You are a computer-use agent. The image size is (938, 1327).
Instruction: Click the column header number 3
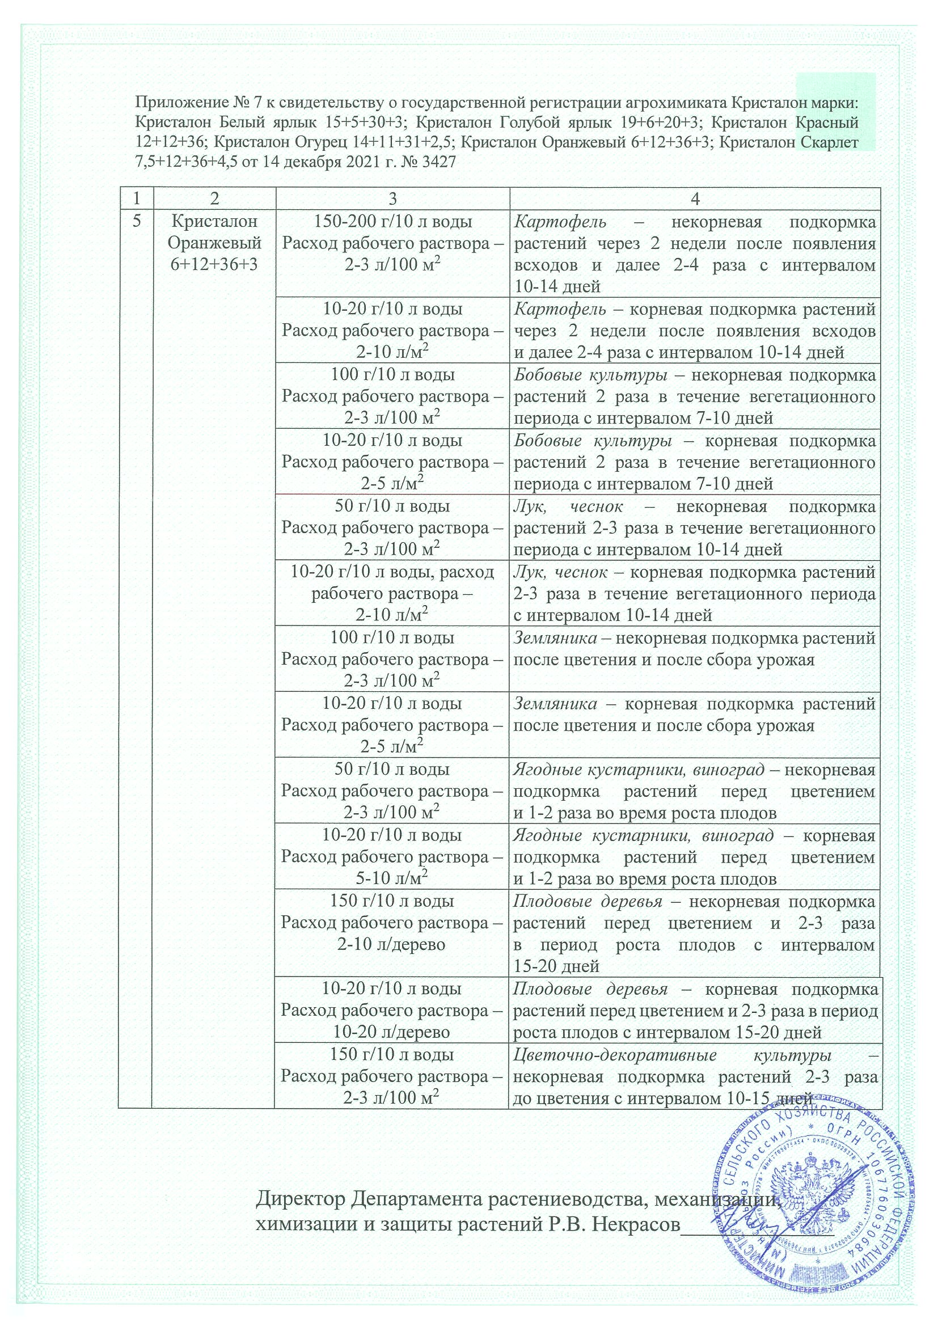tap(392, 199)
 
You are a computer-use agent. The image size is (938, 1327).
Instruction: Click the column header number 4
tap(695, 199)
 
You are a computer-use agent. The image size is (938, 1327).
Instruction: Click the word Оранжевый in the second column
tap(214, 243)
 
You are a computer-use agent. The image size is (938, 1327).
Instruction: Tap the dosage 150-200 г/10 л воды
tap(392, 221)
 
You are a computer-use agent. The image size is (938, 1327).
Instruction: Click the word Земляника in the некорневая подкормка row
tap(555, 638)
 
